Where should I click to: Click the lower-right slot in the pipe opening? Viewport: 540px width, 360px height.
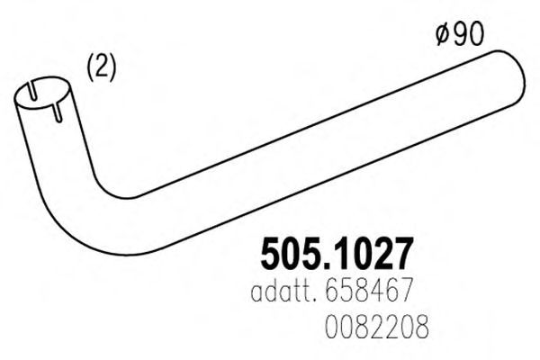coord(58,112)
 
